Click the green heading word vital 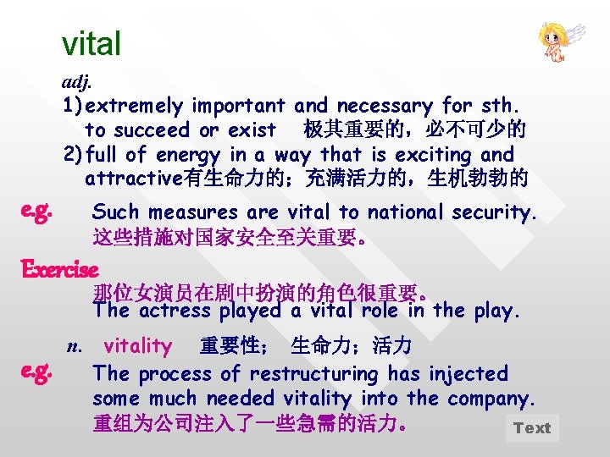pyautogui.click(x=91, y=43)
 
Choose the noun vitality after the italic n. pyautogui.click(x=137, y=345)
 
